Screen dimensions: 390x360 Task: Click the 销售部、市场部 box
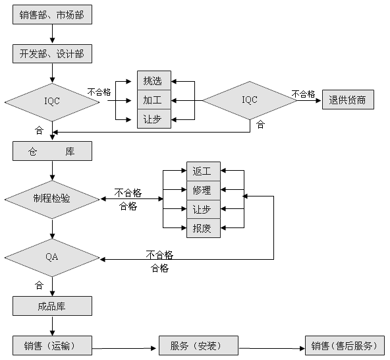click(x=52, y=15)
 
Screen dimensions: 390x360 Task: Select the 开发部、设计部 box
click(x=52, y=53)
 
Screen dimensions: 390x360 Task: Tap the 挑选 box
click(x=154, y=80)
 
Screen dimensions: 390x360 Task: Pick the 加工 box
click(x=154, y=100)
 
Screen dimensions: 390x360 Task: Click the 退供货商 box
click(x=348, y=100)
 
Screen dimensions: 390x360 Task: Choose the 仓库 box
click(x=52, y=151)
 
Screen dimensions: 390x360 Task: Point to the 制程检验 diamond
click(x=52, y=199)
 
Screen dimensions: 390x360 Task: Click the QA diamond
click(x=52, y=258)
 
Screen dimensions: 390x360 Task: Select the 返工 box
click(x=204, y=171)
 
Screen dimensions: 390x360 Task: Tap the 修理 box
click(x=204, y=191)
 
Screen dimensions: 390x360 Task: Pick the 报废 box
click(x=204, y=228)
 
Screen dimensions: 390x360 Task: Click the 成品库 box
click(x=52, y=306)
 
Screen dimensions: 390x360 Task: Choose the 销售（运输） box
click(x=52, y=345)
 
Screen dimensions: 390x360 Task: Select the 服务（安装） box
click(x=198, y=345)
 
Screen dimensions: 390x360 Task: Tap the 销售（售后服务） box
click(x=345, y=345)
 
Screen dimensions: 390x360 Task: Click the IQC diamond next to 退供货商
click(x=250, y=100)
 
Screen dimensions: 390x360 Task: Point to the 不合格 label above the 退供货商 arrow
click(x=303, y=94)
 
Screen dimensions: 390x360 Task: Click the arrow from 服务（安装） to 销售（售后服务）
click(x=271, y=348)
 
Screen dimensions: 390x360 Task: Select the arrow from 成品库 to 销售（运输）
click(x=52, y=326)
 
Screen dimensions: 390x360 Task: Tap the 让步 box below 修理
click(x=204, y=210)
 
